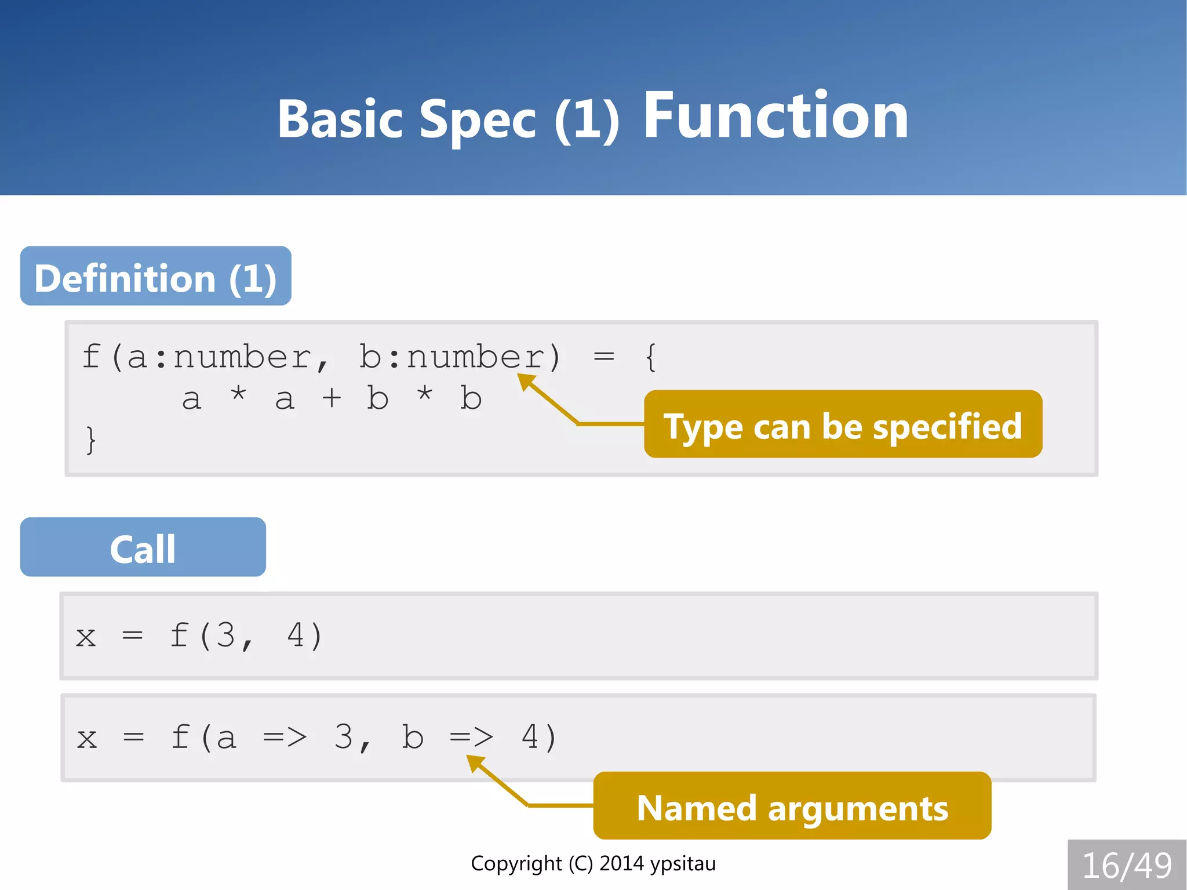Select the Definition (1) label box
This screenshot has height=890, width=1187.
pos(155,277)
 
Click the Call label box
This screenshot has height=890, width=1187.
pos(143,547)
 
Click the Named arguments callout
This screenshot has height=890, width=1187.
pos(792,807)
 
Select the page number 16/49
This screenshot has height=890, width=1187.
pos(1127,865)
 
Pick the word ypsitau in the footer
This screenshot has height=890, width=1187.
pos(682,864)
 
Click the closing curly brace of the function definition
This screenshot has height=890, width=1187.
pos(90,439)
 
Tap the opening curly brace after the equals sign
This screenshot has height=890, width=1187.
pos(651,357)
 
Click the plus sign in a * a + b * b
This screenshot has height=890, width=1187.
pos(332,399)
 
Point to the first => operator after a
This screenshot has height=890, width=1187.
pos(285,738)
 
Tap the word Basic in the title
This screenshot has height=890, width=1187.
pos(340,119)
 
